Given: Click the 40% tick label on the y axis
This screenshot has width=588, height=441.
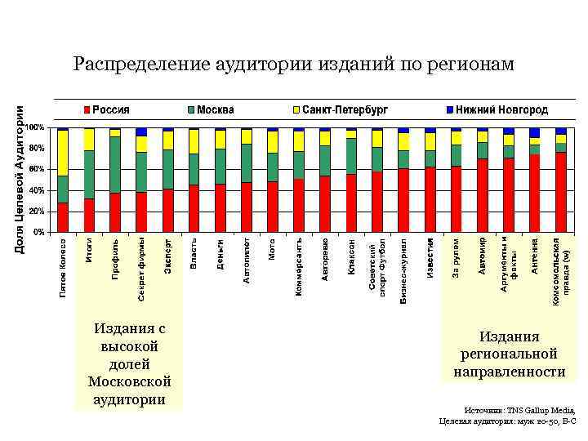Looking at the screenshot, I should tap(35, 190).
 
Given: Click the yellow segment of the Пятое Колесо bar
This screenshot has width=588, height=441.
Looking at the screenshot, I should tap(63, 153).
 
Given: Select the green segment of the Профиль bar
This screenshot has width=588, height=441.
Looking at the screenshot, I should tap(115, 164).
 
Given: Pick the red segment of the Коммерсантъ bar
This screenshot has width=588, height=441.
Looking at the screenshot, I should tap(299, 205).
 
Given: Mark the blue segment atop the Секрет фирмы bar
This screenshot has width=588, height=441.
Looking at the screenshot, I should tap(141, 131).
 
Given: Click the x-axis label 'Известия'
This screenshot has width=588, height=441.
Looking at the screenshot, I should tap(430, 257).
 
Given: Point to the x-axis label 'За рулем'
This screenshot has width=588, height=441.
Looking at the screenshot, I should tap(457, 257).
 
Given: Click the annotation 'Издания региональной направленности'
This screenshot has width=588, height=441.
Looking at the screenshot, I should tap(509, 354).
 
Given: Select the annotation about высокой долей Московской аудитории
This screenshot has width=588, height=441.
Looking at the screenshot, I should tap(129, 363).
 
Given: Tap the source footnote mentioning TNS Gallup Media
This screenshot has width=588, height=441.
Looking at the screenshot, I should tap(507, 416).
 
